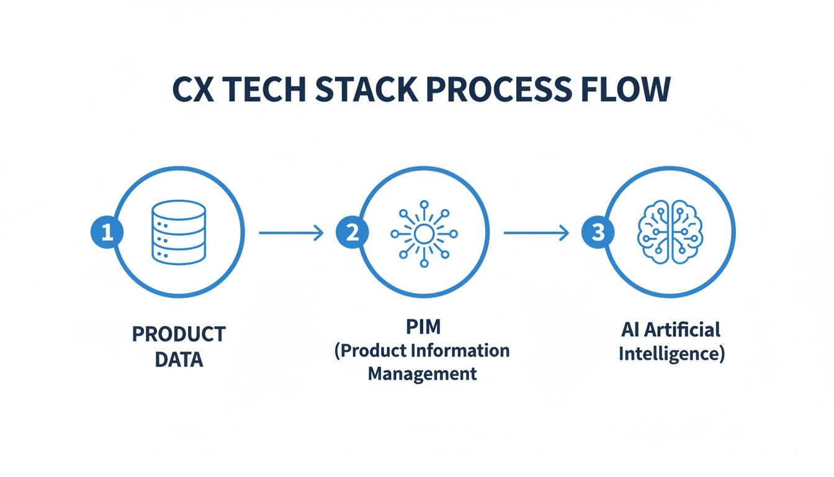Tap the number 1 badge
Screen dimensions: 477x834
[107, 233]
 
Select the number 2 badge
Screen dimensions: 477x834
[352, 233]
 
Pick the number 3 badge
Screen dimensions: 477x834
[598, 233]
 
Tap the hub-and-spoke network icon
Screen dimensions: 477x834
[424, 234]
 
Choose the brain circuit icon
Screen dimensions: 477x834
[669, 234]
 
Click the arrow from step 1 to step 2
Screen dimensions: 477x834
[291, 233]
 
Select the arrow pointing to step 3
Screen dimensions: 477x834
[536, 233]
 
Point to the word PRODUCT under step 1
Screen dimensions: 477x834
[179, 334]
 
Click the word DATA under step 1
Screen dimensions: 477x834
[179, 359]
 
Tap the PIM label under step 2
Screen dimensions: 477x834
[423, 326]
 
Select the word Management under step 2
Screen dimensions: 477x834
[423, 374]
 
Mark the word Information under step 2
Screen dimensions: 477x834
[465, 350]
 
